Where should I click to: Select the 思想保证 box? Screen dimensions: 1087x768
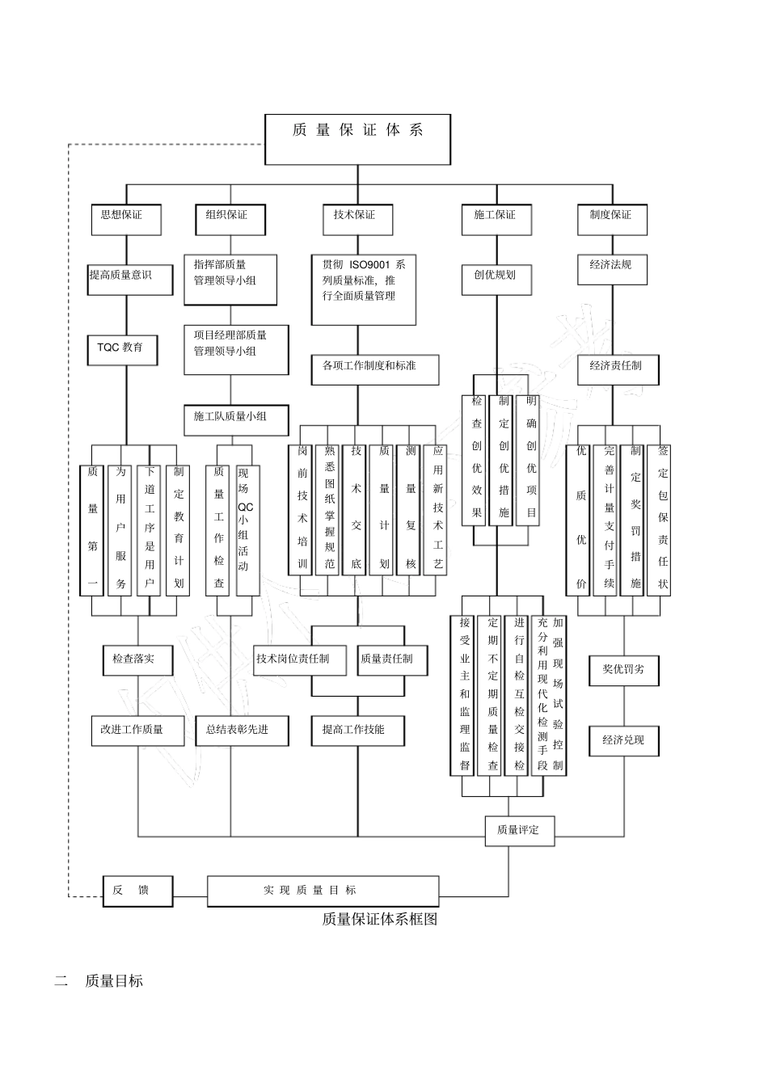click(x=126, y=218)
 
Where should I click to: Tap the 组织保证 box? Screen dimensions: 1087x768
click(x=230, y=218)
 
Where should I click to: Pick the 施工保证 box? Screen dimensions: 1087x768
click(x=497, y=218)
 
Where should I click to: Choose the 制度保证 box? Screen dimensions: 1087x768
click(x=612, y=218)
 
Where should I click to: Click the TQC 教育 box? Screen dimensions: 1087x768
click(x=122, y=349)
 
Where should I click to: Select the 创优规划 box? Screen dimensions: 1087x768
click(x=496, y=276)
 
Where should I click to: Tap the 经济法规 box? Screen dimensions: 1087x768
click(x=612, y=269)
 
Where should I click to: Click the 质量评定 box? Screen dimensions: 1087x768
click(x=519, y=831)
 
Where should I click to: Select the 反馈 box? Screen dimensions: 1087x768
click(x=137, y=891)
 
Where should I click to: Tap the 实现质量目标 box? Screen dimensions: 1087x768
click(x=323, y=891)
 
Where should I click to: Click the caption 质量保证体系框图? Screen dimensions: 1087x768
click(x=379, y=919)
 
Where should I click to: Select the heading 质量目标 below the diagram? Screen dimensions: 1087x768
click(x=113, y=981)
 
